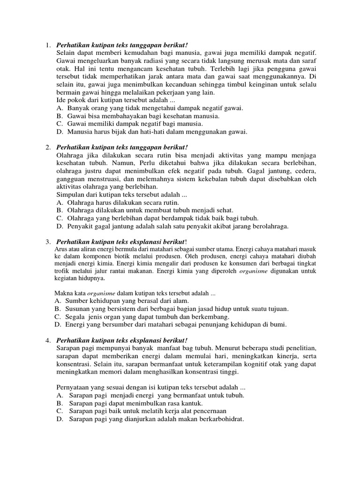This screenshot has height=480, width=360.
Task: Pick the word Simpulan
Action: pos(71,194)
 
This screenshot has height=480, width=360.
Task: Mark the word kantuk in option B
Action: pos(192,403)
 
